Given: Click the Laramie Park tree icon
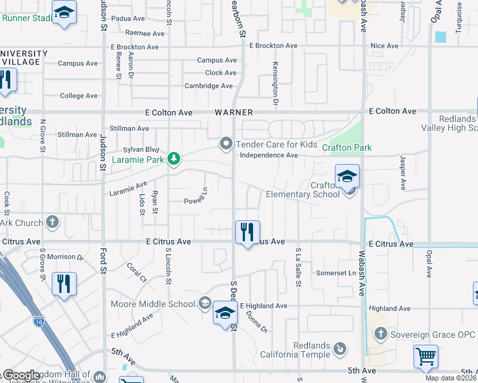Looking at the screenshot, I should point(173,158).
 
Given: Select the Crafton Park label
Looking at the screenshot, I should point(346,147).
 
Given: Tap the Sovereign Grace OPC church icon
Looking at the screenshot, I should point(380,334).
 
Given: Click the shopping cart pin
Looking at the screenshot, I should point(426,356).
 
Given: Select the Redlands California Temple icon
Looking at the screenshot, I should point(341,349).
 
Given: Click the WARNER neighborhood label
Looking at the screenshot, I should point(233,112).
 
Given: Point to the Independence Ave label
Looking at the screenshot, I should point(268,155).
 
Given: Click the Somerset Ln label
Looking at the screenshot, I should point(336,273).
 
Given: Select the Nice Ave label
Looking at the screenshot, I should point(385,46).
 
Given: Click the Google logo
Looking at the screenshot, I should point(21,375).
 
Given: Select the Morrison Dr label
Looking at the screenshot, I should point(65,257).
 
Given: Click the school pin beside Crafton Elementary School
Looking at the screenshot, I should point(347,177).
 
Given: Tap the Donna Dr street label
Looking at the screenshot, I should point(259,323).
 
